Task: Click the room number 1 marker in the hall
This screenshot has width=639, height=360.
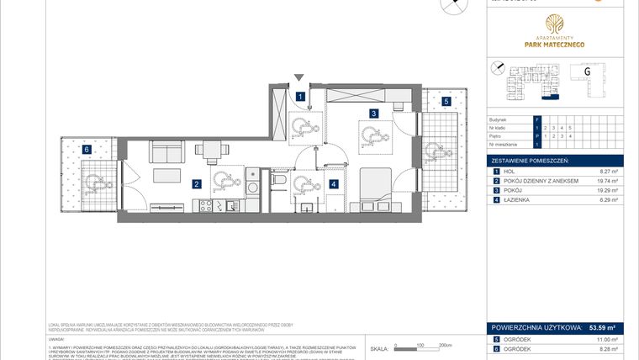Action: [x=301, y=97]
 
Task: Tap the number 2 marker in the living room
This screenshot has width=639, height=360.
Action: [x=196, y=183]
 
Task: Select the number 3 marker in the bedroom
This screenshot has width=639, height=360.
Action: [x=372, y=112]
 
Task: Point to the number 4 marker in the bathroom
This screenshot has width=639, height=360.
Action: [x=334, y=183]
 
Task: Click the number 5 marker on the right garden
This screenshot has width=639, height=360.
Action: [x=446, y=101]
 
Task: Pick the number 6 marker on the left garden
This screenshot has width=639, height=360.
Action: [x=87, y=150]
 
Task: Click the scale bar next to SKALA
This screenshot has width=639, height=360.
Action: [x=420, y=346]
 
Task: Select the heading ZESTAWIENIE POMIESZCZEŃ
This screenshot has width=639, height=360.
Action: [x=531, y=160]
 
